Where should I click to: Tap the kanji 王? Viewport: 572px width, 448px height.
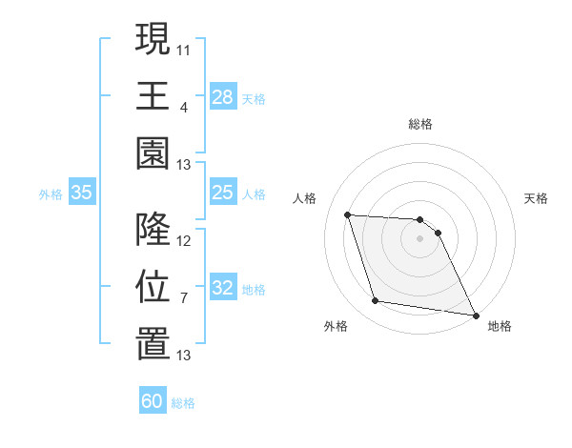point(153,95)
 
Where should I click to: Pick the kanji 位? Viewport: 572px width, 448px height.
point(153,286)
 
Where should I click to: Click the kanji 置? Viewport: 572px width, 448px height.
point(153,343)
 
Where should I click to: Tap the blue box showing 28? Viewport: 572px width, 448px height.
point(222,96)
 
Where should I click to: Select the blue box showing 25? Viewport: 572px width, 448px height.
point(222,193)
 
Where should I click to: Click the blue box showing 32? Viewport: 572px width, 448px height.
point(222,289)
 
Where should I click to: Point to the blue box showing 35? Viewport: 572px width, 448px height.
point(82,193)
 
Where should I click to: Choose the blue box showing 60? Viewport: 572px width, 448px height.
point(153,401)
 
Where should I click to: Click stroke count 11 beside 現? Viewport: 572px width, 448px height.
point(184,47)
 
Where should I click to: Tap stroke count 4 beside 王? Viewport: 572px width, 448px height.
point(183,106)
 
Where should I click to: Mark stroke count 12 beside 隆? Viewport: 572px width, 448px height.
point(184,240)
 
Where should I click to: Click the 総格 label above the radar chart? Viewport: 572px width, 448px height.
point(420,124)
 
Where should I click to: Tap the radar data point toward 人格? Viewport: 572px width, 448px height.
point(348,214)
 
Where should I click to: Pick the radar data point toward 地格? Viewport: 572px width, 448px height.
point(476,315)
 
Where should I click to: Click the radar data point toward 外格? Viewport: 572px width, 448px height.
point(376,301)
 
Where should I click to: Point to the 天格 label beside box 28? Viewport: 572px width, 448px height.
point(254,98)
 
